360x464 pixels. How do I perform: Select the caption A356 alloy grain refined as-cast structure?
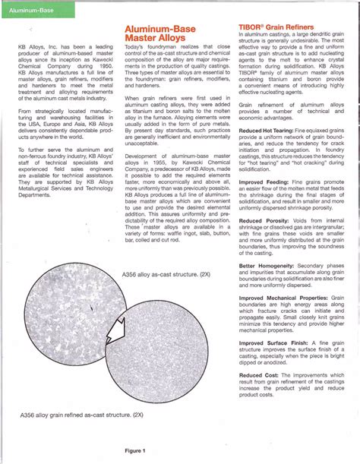pyautogui.click(x=82, y=416)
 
